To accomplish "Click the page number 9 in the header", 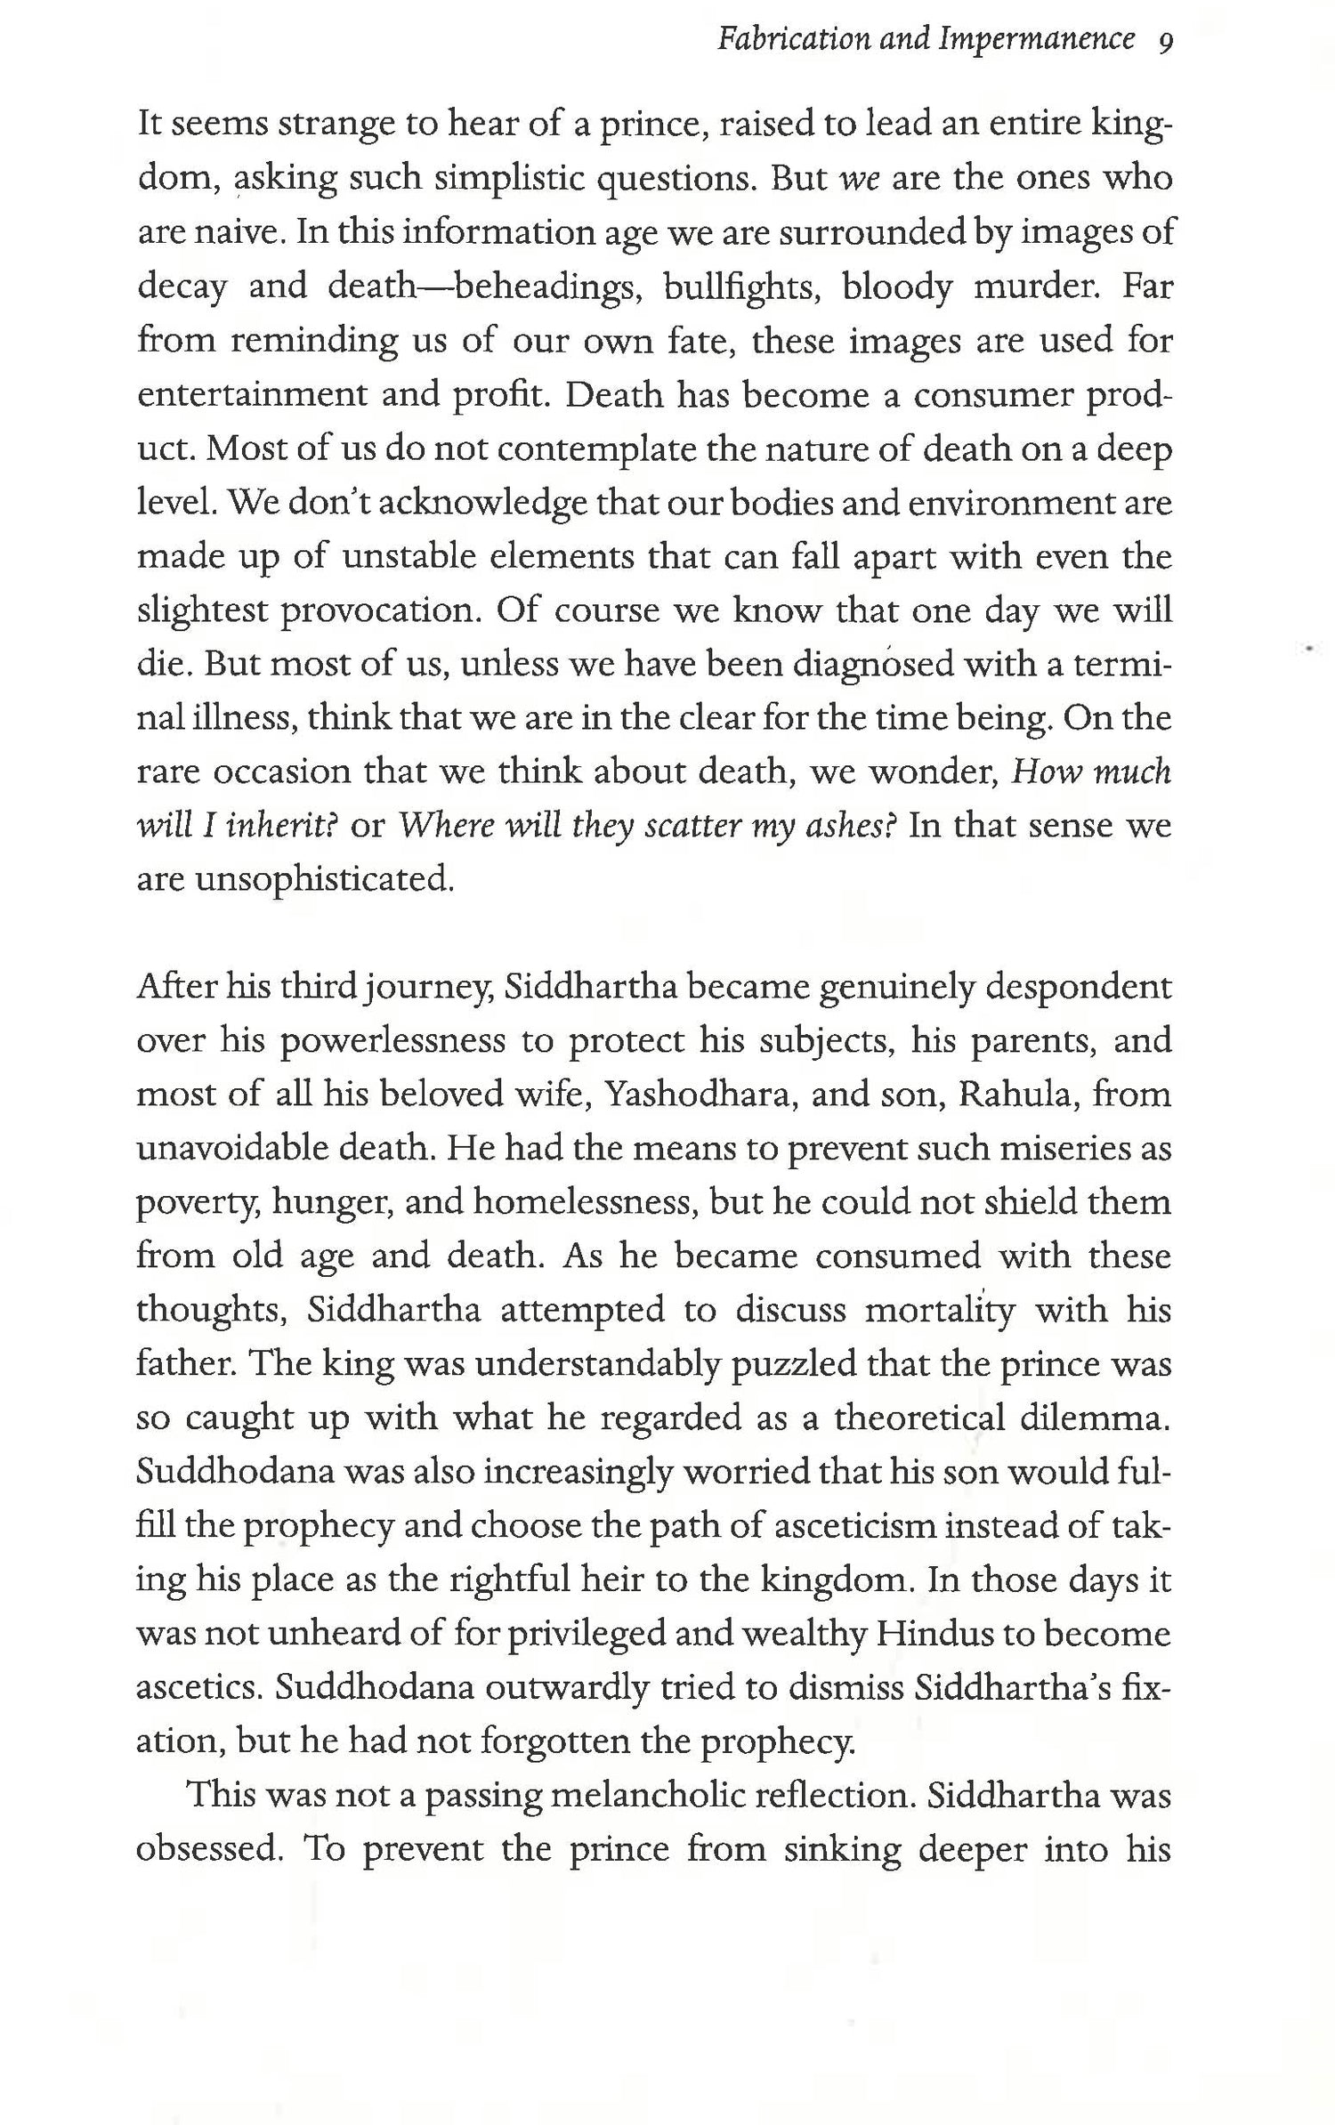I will (1165, 40).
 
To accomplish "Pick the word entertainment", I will (250, 394).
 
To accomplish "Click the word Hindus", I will (931, 1634).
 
